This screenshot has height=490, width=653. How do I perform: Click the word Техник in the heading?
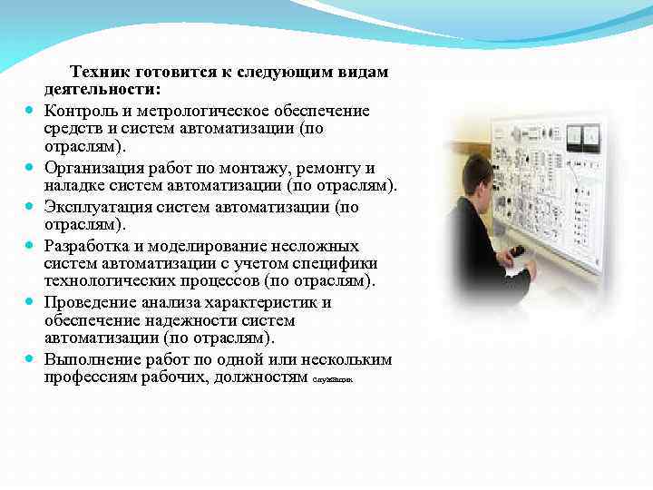[x=101, y=72]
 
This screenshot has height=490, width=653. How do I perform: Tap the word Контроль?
[x=83, y=111]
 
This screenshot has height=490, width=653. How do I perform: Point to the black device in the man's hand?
[x=518, y=251]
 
